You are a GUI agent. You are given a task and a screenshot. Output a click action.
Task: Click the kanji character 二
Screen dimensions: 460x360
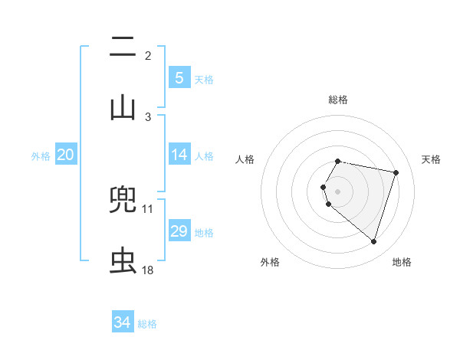click(x=123, y=47)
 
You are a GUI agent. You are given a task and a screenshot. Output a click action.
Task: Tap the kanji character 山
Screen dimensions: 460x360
click(x=123, y=107)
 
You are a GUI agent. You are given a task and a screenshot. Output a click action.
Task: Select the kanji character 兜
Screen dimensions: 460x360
click(x=123, y=201)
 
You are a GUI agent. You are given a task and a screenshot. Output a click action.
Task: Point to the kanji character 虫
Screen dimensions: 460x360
click(x=123, y=261)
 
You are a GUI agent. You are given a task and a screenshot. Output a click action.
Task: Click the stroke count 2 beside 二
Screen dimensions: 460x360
click(x=148, y=56)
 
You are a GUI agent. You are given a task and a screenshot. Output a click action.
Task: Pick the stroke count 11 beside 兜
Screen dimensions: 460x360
click(x=148, y=208)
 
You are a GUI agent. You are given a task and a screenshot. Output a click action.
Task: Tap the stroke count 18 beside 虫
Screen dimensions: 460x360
click(x=148, y=270)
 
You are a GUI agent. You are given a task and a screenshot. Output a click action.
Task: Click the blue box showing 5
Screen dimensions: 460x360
click(x=179, y=78)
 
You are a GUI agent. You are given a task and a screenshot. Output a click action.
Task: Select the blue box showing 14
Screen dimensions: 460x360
click(x=179, y=155)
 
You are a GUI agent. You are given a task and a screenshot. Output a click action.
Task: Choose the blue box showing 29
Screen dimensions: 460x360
click(x=179, y=231)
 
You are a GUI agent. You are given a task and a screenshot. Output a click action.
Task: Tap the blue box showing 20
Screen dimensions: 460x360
click(x=66, y=155)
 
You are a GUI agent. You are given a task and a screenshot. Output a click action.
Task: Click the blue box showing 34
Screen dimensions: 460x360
click(x=122, y=323)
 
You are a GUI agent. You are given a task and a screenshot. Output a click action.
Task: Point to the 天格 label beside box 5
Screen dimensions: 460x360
click(x=204, y=80)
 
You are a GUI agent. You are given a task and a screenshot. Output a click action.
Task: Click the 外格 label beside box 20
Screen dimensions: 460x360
click(x=41, y=156)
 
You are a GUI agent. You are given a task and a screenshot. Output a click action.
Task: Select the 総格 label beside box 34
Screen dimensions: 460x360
click(x=147, y=324)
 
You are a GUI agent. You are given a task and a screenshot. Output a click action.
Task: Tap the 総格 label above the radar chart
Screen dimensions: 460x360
click(x=338, y=100)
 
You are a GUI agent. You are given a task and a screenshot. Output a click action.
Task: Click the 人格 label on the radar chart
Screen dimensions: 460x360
click(x=245, y=159)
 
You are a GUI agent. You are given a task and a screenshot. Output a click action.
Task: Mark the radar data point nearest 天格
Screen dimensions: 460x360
click(x=396, y=172)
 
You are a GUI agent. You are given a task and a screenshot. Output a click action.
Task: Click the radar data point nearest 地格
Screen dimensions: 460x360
click(x=373, y=241)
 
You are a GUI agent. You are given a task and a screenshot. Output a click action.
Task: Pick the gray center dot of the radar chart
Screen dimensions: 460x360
click(x=338, y=191)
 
